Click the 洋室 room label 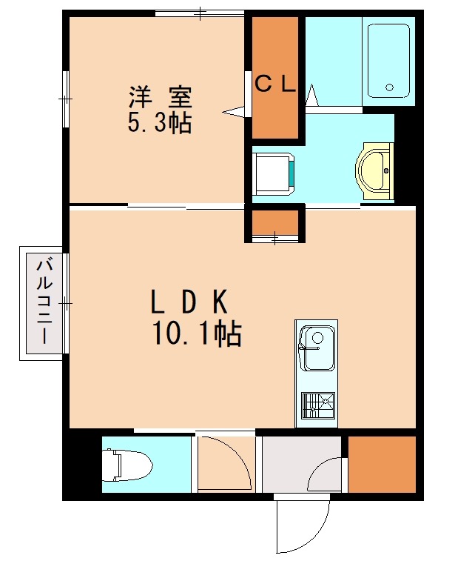[161, 97]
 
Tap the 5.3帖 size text [160, 122]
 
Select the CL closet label [275, 84]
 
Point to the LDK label [189, 302]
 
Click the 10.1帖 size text [196, 336]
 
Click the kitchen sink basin [317, 349]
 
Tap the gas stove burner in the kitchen [317, 405]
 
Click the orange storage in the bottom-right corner [382, 465]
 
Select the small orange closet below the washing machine [274, 222]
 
